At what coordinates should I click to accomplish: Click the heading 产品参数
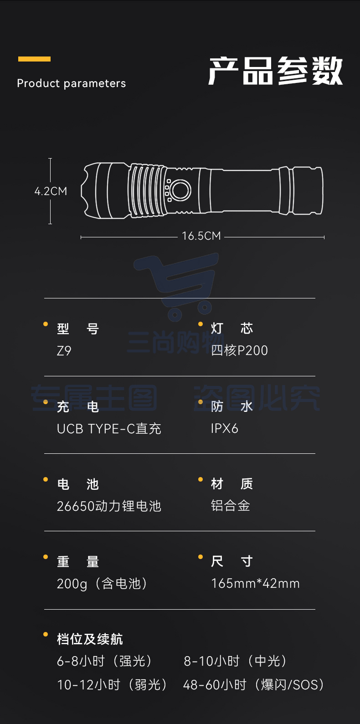pyautogui.click(x=275, y=71)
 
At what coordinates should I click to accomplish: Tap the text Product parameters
pyautogui.click(x=72, y=83)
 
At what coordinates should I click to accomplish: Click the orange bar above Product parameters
pyautogui.click(x=34, y=59)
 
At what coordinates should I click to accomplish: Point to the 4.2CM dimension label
pyautogui.click(x=51, y=191)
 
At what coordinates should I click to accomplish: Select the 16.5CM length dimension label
pyautogui.click(x=201, y=236)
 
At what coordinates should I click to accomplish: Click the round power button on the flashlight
pyautogui.click(x=180, y=190)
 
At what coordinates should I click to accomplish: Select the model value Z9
pyautogui.click(x=64, y=351)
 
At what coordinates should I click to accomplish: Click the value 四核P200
pyautogui.click(x=240, y=350)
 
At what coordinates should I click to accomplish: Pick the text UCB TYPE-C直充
pyautogui.click(x=109, y=429)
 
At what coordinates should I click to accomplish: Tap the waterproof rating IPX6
pyautogui.click(x=225, y=429)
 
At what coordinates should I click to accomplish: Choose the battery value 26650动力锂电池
pyautogui.click(x=109, y=506)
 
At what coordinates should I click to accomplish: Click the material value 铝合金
pyautogui.click(x=231, y=506)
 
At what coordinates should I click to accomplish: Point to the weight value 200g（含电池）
pyautogui.click(x=103, y=584)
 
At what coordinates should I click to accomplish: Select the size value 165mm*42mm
pyautogui.click(x=255, y=584)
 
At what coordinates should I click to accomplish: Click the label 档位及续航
pyautogui.click(x=90, y=639)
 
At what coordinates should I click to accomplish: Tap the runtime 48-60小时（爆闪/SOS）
pyautogui.click(x=254, y=685)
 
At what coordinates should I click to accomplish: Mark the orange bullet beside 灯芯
pyautogui.click(x=201, y=324)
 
